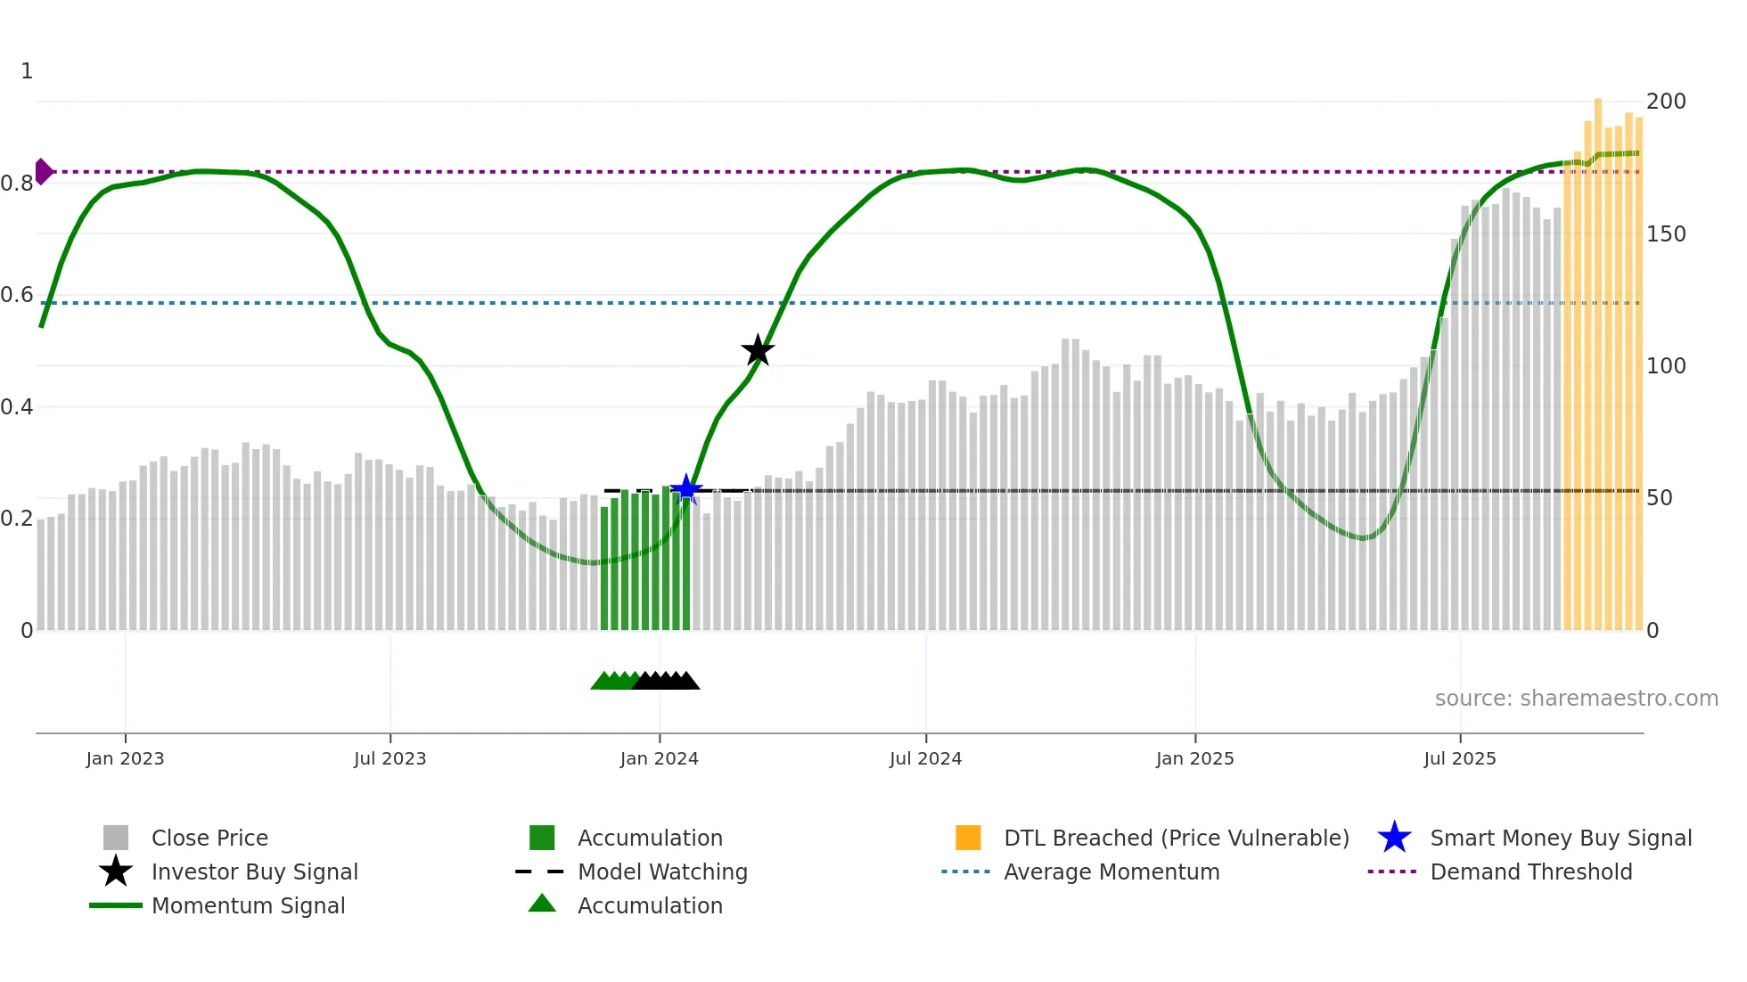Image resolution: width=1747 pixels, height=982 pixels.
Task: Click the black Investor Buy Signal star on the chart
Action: [x=758, y=350]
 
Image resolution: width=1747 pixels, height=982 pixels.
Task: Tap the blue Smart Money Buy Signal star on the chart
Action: [x=686, y=488]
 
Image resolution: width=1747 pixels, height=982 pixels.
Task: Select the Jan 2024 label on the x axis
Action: [x=659, y=758]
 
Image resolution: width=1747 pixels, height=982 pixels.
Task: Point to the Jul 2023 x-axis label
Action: [x=390, y=758]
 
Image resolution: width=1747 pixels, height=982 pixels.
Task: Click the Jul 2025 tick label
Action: [x=1459, y=758]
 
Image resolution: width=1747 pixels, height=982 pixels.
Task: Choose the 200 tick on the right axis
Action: [x=1665, y=102]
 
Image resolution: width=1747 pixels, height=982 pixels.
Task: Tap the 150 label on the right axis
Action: [x=1665, y=234]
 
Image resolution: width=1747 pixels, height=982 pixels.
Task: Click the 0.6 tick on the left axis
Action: [x=17, y=295]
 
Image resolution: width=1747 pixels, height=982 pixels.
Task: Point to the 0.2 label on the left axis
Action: [x=17, y=519]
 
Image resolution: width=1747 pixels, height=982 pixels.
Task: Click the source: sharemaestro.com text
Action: [x=1576, y=699]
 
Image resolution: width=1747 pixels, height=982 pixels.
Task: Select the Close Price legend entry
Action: [x=209, y=838]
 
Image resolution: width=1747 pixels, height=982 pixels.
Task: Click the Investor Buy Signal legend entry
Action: [x=254, y=872]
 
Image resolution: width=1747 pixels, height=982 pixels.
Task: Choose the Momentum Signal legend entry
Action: [x=248, y=905]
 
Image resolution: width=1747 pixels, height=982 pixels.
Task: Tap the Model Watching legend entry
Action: [x=662, y=872]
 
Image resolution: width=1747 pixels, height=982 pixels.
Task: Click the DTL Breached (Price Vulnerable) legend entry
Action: [x=1176, y=838]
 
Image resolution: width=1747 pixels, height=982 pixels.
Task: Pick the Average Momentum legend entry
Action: [x=1111, y=872]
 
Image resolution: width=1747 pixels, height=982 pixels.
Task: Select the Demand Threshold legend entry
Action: [x=1530, y=872]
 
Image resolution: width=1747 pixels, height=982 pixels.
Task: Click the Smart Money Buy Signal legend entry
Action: [x=1560, y=838]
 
